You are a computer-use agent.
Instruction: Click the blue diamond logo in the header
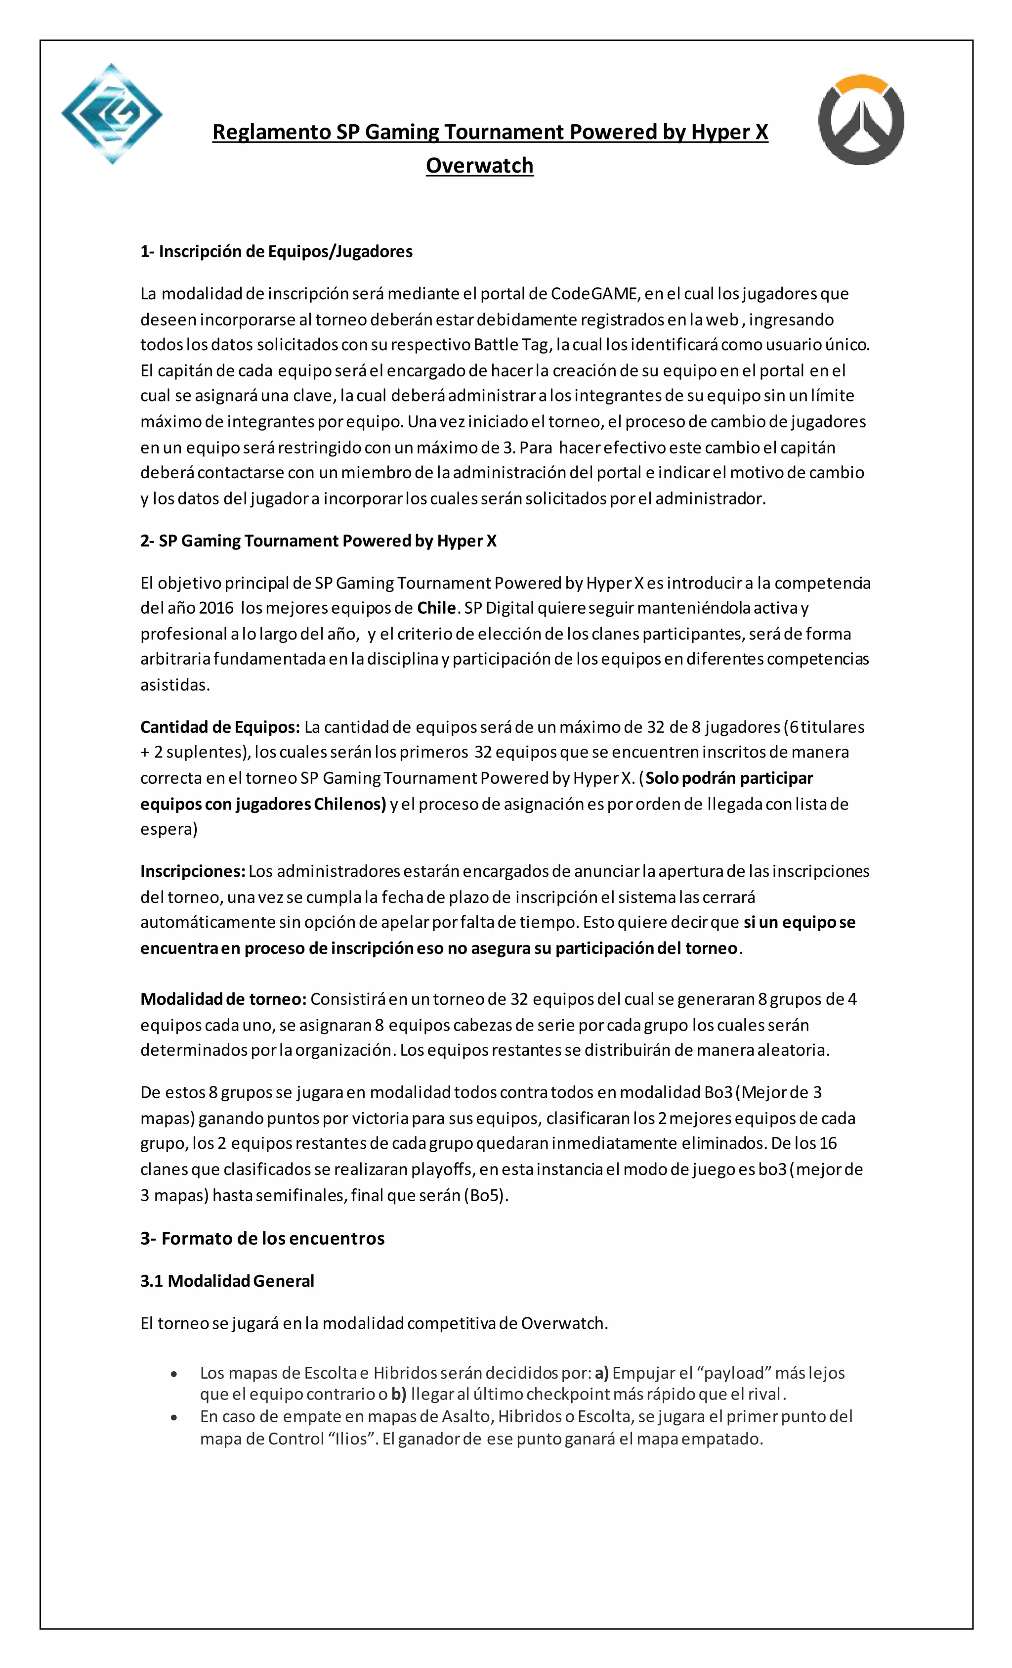pyautogui.click(x=112, y=114)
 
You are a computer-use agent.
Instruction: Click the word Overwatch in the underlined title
pyautogui.click(x=480, y=165)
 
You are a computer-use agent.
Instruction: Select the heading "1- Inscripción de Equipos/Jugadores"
pyautogui.click(x=276, y=252)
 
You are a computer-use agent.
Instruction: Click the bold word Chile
pyautogui.click(x=436, y=608)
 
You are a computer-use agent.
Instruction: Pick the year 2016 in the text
pyautogui.click(x=216, y=608)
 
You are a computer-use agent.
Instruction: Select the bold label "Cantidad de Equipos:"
pyautogui.click(x=220, y=727)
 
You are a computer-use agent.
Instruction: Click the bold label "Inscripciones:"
pyautogui.click(x=193, y=871)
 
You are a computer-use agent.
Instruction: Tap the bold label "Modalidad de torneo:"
pyautogui.click(x=223, y=999)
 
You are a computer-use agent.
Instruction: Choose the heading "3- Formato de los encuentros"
pyautogui.click(x=262, y=1239)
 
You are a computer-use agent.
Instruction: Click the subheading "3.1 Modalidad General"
pyautogui.click(x=227, y=1281)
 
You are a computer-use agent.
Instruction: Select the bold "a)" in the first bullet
pyautogui.click(x=601, y=1373)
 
